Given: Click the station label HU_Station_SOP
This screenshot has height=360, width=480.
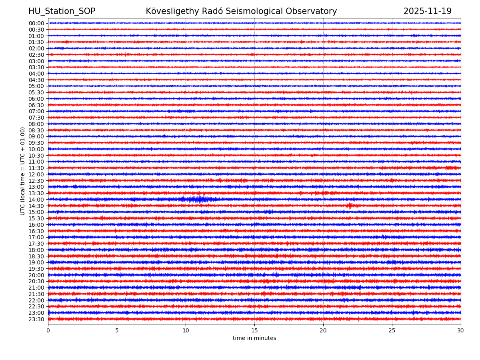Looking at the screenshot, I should click(x=62, y=12).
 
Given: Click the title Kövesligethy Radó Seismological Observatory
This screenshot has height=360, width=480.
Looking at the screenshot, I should click(x=241, y=12).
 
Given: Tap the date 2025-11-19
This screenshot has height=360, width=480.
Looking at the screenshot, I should click(x=427, y=12).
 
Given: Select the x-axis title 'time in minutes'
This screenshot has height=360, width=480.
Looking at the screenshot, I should click(x=254, y=338).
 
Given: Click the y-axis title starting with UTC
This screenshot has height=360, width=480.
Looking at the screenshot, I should click(x=23, y=171).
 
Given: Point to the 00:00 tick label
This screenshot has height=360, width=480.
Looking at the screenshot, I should click(x=36, y=23).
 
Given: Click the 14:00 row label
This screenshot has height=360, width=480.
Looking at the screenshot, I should click(x=36, y=200).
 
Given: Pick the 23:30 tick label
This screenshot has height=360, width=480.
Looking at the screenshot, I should click(x=36, y=319).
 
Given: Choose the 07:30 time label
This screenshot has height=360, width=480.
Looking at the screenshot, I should click(x=36, y=118).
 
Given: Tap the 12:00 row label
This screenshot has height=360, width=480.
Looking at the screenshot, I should click(x=36, y=174).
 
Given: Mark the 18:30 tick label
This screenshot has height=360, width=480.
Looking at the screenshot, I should click(x=36, y=256).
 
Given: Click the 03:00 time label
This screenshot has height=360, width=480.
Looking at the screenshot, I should click(x=36, y=61).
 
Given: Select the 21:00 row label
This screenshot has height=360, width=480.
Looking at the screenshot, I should click(x=36, y=288).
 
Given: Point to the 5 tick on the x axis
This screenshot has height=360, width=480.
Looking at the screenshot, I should click(x=117, y=330).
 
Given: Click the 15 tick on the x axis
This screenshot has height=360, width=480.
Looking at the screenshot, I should click(x=254, y=330).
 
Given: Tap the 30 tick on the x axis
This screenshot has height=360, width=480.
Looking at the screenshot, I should click(x=461, y=330).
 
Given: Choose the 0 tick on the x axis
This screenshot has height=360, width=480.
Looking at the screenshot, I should click(x=48, y=330).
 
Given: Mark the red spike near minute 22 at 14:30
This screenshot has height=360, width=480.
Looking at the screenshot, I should click(x=350, y=206).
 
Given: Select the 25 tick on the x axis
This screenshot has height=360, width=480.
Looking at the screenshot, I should click(x=392, y=330).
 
